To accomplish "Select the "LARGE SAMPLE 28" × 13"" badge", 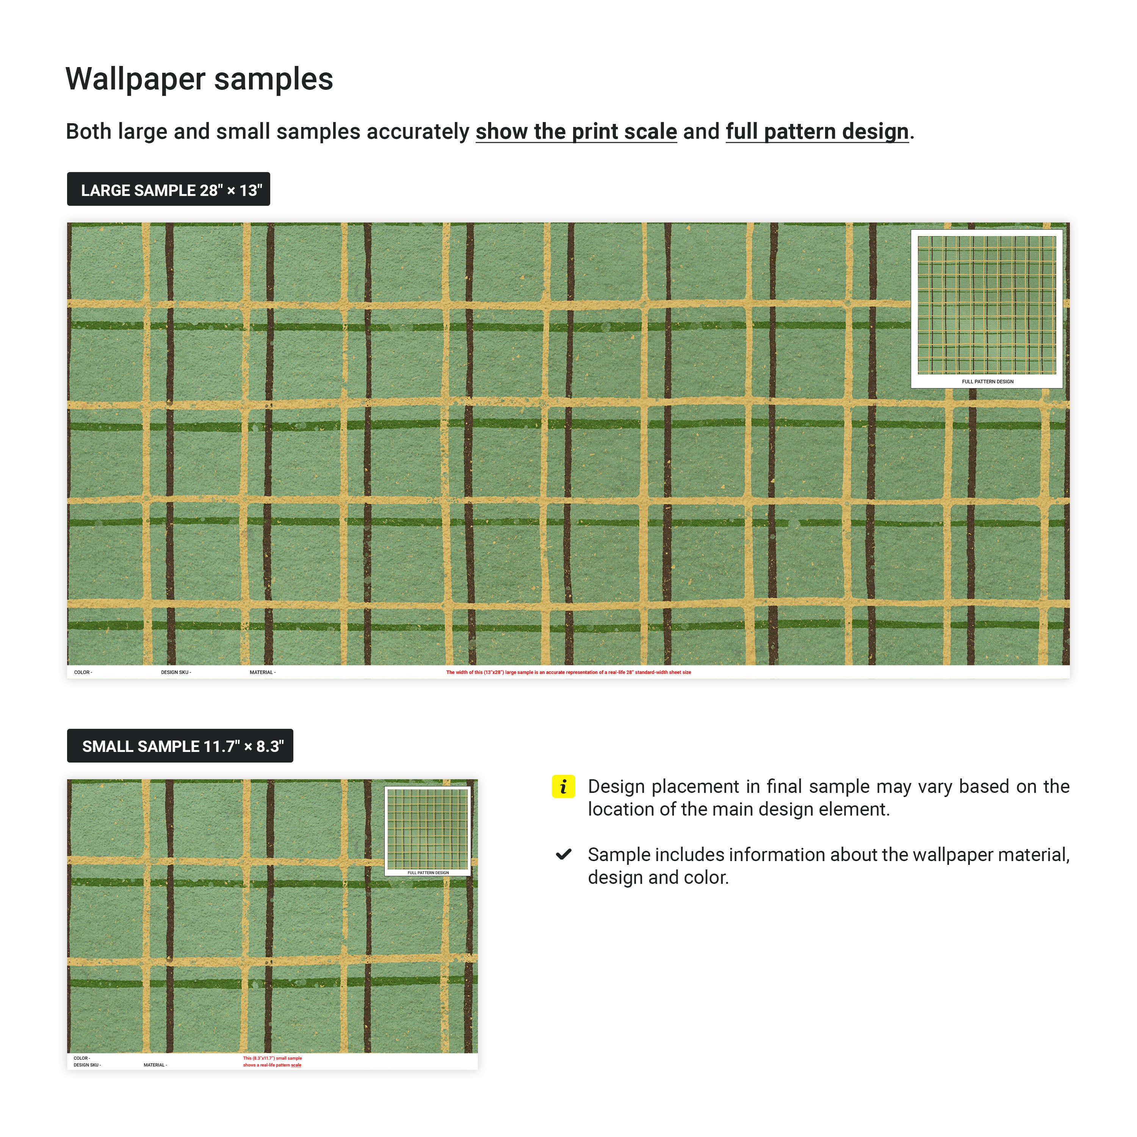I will [x=168, y=189].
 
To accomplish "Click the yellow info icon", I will [x=562, y=786].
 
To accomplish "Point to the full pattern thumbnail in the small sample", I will [x=427, y=828].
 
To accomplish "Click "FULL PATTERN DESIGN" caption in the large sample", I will [x=987, y=381].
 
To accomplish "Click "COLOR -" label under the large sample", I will [x=83, y=672].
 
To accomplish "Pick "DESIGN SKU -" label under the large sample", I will [x=176, y=672].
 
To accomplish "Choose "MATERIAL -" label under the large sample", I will [x=263, y=672].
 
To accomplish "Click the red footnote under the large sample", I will [x=568, y=672].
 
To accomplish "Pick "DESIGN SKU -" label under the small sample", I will [x=87, y=1065].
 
